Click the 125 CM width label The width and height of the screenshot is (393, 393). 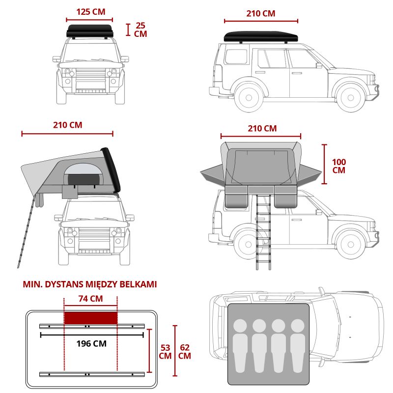91,12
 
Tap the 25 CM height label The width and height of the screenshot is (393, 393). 140,29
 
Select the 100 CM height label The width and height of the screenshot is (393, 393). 338,166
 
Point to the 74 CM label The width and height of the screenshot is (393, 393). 90,299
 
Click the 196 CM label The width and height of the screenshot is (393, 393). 92,343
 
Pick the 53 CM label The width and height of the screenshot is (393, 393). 166,352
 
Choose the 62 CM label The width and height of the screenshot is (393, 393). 185,352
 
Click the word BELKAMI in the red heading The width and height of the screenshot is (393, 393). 138,284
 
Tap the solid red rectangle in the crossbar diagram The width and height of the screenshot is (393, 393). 90,317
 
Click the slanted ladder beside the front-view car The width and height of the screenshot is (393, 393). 27,231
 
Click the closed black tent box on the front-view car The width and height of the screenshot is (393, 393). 90,31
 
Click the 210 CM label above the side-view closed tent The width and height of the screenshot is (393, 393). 260,13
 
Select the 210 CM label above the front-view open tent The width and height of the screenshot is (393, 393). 67,125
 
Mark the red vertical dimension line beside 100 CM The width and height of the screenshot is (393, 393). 324,164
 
